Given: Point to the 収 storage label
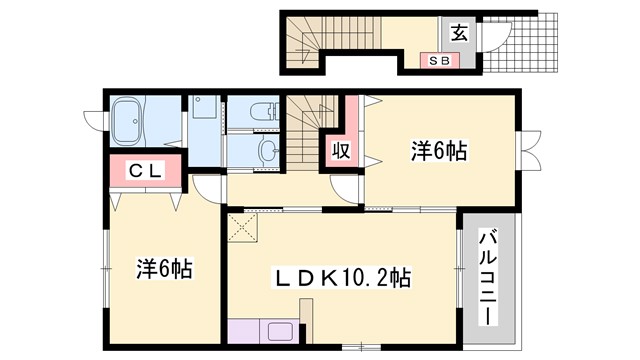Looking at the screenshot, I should pos(340,152).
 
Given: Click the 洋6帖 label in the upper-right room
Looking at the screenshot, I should pos(440,151).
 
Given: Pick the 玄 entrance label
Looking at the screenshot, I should pos(457,32).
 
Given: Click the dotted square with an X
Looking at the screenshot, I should pos(244,227).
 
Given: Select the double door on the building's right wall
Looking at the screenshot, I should pos(528,150).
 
